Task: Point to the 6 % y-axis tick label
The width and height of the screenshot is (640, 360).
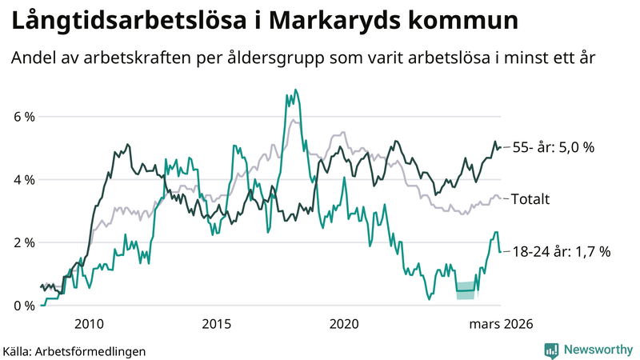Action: click(24, 117)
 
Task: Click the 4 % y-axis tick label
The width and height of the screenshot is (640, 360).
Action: click(24, 180)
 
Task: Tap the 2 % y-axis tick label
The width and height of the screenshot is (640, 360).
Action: click(24, 242)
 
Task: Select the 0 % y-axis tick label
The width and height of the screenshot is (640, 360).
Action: click(24, 306)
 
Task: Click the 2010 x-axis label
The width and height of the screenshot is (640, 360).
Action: click(89, 324)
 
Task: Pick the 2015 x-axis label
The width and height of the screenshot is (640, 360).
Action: click(217, 324)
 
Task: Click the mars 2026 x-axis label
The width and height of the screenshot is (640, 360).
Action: click(500, 324)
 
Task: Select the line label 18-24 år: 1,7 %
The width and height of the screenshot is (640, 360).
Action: click(561, 251)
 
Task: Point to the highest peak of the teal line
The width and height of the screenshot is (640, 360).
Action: click(295, 90)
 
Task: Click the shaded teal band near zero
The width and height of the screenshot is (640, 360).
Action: click(466, 290)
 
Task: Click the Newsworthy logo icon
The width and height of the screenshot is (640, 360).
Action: click(551, 350)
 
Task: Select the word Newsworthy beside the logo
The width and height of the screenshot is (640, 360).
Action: click(598, 350)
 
